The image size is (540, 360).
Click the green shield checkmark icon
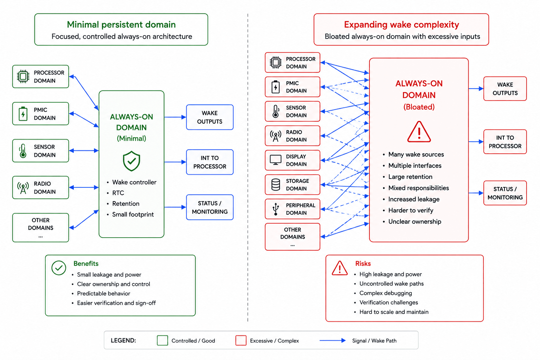[x=131, y=161]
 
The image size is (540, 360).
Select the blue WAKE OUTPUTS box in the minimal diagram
[x=210, y=117]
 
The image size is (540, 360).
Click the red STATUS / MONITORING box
[x=505, y=193]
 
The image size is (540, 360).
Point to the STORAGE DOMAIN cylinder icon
[x=276, y=185]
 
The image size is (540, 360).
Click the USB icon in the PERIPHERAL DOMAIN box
[x=276, y=209]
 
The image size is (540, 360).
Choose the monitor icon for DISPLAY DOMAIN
[x=276, y=160]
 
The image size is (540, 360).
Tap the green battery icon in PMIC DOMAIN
[x=23, y=114]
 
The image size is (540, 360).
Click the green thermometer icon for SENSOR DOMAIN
[x=23, y=151]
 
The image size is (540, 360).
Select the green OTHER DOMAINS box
[x=40, y=227]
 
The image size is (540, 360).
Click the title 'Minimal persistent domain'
[x=121, y=25]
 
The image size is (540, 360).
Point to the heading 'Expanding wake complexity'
[x=401, y=25]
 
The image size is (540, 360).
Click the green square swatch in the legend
[x=162, y=340]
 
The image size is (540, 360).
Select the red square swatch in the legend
[x=241, y=340]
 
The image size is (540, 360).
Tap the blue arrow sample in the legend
[x=333, y=340]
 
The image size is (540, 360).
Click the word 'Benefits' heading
[x=86, y=264]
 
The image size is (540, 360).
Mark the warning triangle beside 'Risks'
[x=340, y=268]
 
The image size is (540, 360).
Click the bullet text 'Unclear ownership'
[x=414, y=221]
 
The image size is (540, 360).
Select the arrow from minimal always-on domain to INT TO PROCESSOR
[x=175, y=162]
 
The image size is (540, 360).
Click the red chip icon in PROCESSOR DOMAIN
[x=276, y=63]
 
